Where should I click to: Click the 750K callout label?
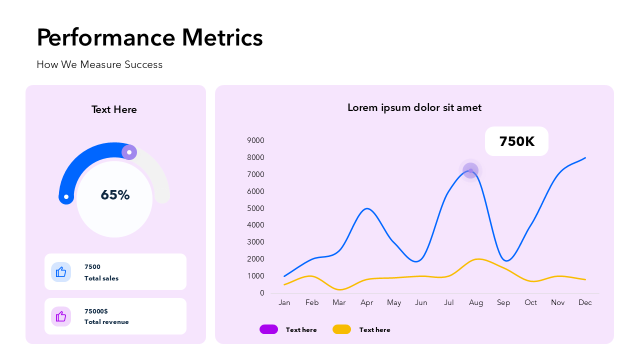pyautogui.click(x=516, y=141)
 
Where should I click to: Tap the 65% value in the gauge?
pyautogui.click(x=115, y=195)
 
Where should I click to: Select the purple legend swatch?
pyautogui.click(x=268, y=329)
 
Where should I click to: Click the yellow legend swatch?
pyautogui.click(x=341, y=329)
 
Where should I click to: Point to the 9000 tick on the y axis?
pyautogui.click(x=255, y=140)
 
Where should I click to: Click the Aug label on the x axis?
pyautogui.click(x=476, y=302)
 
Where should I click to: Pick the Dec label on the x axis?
pyautogui.click(x=585, y=302)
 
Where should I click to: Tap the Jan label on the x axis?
pyautogui.click(x=284, y=302)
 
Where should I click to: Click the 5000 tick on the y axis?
pyautogui.click(x=255, y=208)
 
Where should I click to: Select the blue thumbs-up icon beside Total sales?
pyautogui.click(x=61, y=272)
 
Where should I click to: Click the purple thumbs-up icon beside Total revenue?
pyautogui.click(x=61, y=316)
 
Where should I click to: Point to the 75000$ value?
pyautogui.click(x=96, y=311)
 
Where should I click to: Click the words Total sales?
pyautogui.click(x=101, y=278)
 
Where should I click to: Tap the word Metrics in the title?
pyautogui.click(x=222, y=37)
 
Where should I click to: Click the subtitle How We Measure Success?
pyautogui.click(x=99, y=64)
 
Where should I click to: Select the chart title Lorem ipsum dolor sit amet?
pyautogui.click(x=414, y=107)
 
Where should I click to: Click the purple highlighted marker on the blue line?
pyautogui.click(x=470, y=170)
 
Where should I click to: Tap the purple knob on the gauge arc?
pyautogui.click(x=129, y=152)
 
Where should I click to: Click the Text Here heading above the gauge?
pyautogui.click(x=114, y=109)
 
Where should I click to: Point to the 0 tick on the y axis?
pyautogui.click(x=262, y=293)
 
